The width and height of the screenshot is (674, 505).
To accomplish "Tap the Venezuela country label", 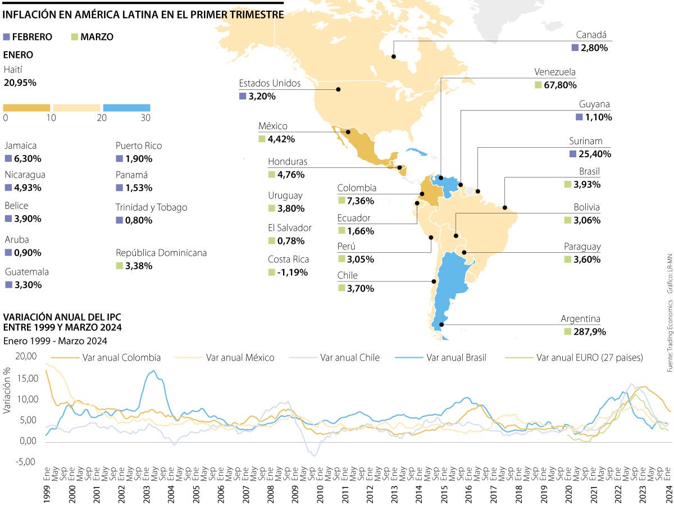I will [x=555, y=72].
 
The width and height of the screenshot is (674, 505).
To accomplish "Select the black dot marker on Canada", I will [x=393, y=57].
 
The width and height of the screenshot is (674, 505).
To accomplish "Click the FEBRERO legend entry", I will [x=28, y=37].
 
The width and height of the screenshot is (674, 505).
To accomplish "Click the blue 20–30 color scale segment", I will [x=126, y=107].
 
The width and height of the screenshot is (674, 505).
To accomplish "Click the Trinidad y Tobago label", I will [x=152, y=207].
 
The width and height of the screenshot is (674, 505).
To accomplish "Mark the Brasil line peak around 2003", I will [x=153, y=371].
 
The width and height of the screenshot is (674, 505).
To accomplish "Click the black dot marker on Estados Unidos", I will [x=339, y=89].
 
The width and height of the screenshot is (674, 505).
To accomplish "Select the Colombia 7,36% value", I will [x=360, y=201].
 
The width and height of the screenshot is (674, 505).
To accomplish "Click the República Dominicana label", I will [x=161, y=253].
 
